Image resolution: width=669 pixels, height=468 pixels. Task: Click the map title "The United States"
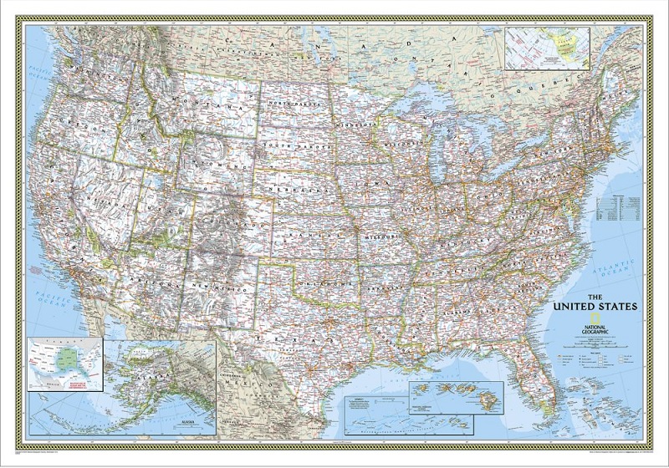point(596,302)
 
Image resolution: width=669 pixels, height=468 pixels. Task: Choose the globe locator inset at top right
point(548,48)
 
